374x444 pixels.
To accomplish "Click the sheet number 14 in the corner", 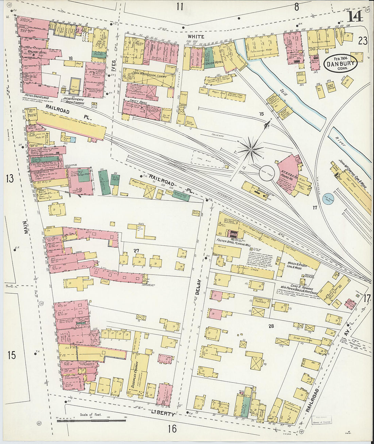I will [x=355, y=16].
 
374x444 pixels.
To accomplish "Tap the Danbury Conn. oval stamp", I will [x=340, y=64].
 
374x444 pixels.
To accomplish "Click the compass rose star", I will [x=251, y=149].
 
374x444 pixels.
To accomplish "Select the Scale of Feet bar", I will [x=91, y=421].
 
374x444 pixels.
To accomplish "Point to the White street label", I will [x=196, y=36].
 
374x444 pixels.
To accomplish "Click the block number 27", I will [x=136, y=251].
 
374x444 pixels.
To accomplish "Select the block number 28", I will [x=271, y=326].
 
